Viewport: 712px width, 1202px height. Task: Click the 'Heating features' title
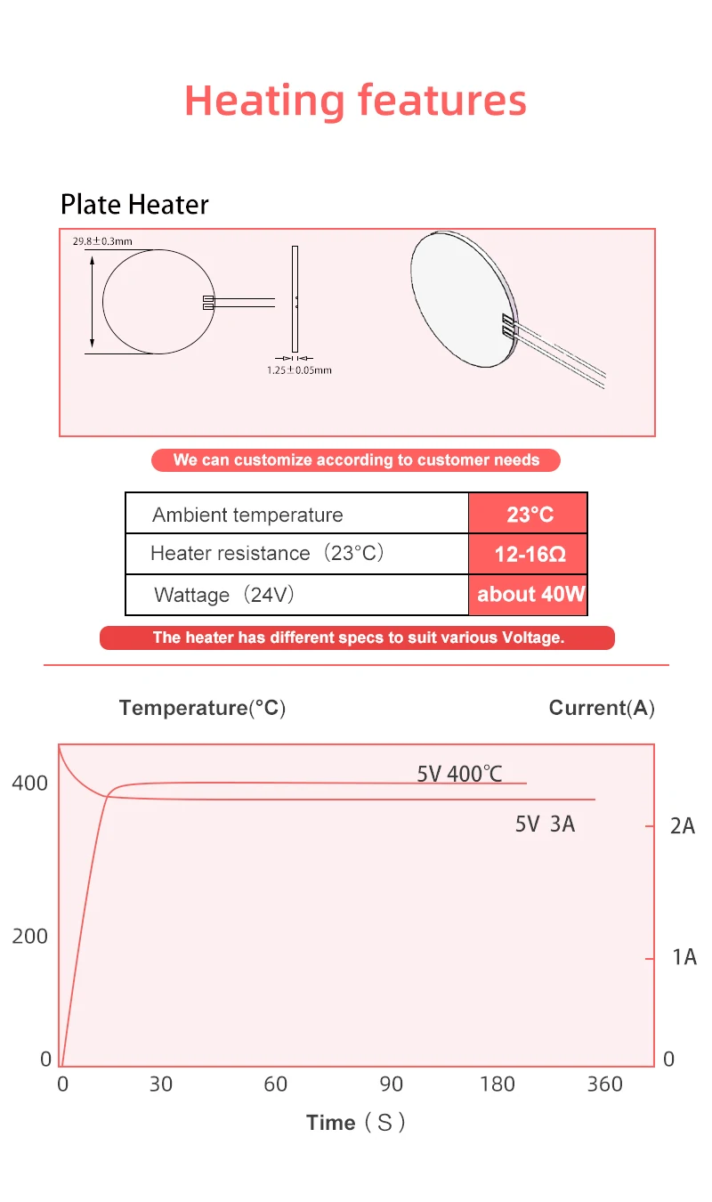pos(355,101)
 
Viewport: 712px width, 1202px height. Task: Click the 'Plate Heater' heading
pos(134,205)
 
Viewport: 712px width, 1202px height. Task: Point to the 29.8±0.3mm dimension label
pos(102,241)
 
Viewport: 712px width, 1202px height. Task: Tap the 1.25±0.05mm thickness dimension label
pos(299,370)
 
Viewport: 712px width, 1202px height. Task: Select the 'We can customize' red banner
pos(356,460)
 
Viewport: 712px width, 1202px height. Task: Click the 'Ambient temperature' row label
pos(247,515)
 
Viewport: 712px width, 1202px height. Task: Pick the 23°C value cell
pos(528,514)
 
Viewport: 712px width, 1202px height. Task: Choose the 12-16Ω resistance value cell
pos(528,554)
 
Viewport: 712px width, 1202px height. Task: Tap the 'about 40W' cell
pos(528,595)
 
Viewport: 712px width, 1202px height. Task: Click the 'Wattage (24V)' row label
pos(224,595)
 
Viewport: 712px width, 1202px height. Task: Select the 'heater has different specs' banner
pos(358,638)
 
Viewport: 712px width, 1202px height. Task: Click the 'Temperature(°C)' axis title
pos(202,708)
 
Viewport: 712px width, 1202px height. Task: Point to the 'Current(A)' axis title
pos(602,708)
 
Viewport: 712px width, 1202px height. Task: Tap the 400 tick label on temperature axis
pos(30,784)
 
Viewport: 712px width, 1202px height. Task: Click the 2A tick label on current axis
pos(683,826)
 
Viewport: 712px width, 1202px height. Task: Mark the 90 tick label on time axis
pos(391,1084)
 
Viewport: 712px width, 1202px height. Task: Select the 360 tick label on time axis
pos(604,1084)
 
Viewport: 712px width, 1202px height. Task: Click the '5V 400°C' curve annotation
pos(460,774)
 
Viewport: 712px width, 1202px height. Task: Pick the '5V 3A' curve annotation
pos(546,824)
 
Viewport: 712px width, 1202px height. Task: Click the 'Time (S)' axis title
pos(355,1123)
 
